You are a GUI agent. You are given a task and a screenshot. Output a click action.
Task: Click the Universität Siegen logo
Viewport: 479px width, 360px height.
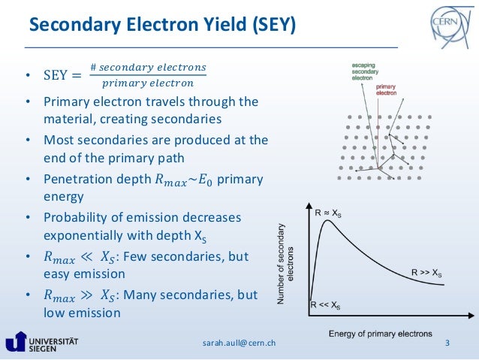click(45, 342)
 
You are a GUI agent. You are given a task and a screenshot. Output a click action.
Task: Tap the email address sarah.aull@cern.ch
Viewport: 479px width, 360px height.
click(239, 343)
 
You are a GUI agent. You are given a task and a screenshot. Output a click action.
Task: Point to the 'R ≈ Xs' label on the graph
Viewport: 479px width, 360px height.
click(327, 213)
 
